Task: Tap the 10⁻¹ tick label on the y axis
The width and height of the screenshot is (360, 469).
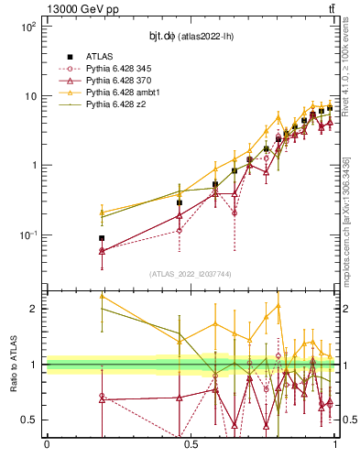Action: (x=27, y=235)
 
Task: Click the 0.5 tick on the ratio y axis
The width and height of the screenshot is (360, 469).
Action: (x=32, y=420)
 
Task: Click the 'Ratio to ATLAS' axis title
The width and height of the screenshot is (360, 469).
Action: (x=12, y=364)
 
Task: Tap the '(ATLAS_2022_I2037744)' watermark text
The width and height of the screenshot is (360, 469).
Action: (x=191, y=274)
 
